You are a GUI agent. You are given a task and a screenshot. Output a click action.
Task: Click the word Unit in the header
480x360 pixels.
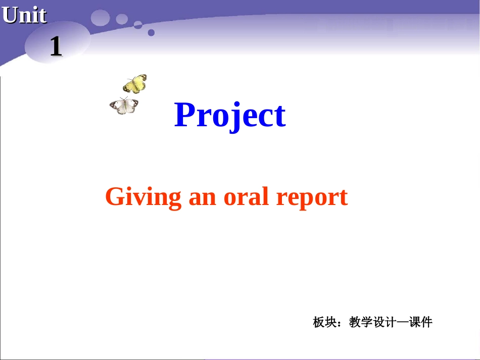tap(24, 15)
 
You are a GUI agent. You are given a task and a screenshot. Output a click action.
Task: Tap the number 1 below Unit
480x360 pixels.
tap(56, 46)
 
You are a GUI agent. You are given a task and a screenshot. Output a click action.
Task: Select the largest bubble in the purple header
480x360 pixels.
tap(101, 18)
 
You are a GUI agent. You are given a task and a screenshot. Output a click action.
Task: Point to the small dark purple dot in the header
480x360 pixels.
tap(151, 33)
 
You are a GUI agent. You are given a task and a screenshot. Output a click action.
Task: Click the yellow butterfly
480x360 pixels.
tap(135, 84)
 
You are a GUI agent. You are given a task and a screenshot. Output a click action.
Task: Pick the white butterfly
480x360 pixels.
tap(124, 106)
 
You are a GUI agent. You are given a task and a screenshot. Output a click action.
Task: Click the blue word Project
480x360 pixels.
tap(230, 115)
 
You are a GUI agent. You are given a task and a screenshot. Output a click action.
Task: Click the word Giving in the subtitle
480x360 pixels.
tap(143, 196)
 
